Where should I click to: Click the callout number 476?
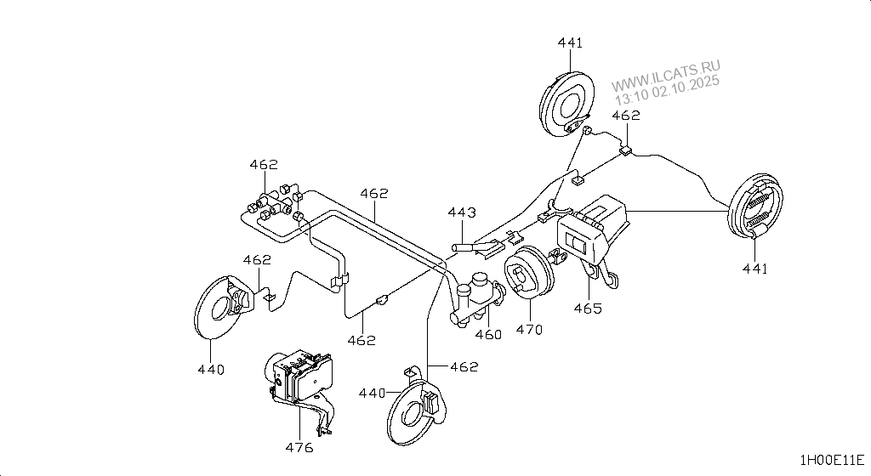[299, 447]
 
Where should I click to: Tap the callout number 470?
[529, 330]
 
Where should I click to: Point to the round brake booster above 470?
[529, 274]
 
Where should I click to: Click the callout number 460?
[489, 335]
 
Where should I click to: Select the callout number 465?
[588, 308]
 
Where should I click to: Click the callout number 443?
[462, 212]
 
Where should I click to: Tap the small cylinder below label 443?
[463, 246]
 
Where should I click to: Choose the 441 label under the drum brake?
[755, 269]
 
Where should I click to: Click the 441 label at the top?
[570, 42]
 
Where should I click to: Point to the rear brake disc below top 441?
[566, 105]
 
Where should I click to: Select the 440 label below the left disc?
[211, 370]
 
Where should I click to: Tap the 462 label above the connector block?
[264, 165]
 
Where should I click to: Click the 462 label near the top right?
[626, 116]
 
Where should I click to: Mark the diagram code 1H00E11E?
[832, 460]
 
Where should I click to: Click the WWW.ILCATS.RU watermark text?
[665, 76]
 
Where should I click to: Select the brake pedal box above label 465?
[592, 231]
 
